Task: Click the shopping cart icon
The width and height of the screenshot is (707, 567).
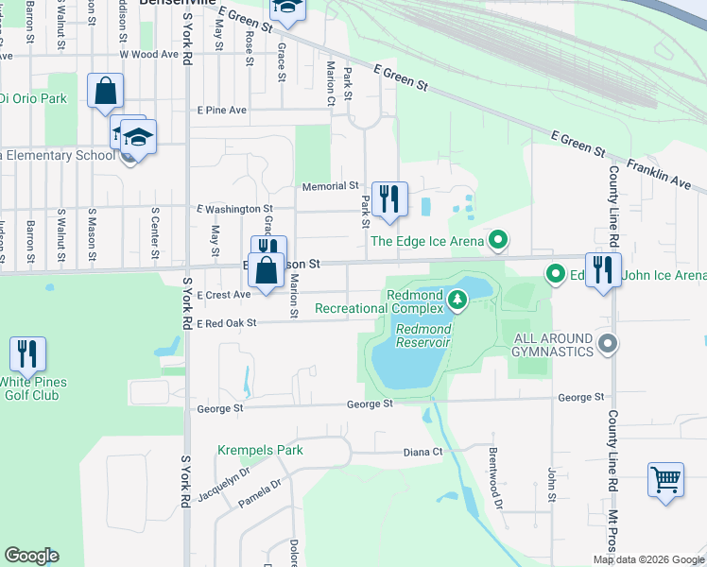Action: tap(665, 479)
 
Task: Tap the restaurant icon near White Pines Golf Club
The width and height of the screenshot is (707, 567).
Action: tap(27, 354)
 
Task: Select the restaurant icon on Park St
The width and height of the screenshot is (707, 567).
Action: tap(388, 198)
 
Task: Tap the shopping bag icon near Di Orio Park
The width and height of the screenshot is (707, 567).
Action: tap(105, 92)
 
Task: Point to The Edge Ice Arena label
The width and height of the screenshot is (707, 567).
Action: tap(426, 242)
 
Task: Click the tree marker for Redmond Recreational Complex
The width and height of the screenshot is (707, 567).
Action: tap(458, 301)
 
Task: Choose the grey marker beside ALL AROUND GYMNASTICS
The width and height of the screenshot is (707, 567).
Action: tap(609, 345)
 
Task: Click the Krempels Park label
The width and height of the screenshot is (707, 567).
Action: tap(261, 450)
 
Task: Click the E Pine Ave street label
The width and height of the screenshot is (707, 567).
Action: tap(221, 110)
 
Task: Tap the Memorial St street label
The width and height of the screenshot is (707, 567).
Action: tap(330, 187)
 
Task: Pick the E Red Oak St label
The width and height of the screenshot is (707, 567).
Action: tap(227, 323)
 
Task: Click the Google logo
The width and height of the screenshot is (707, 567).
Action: tap(31, 556)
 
